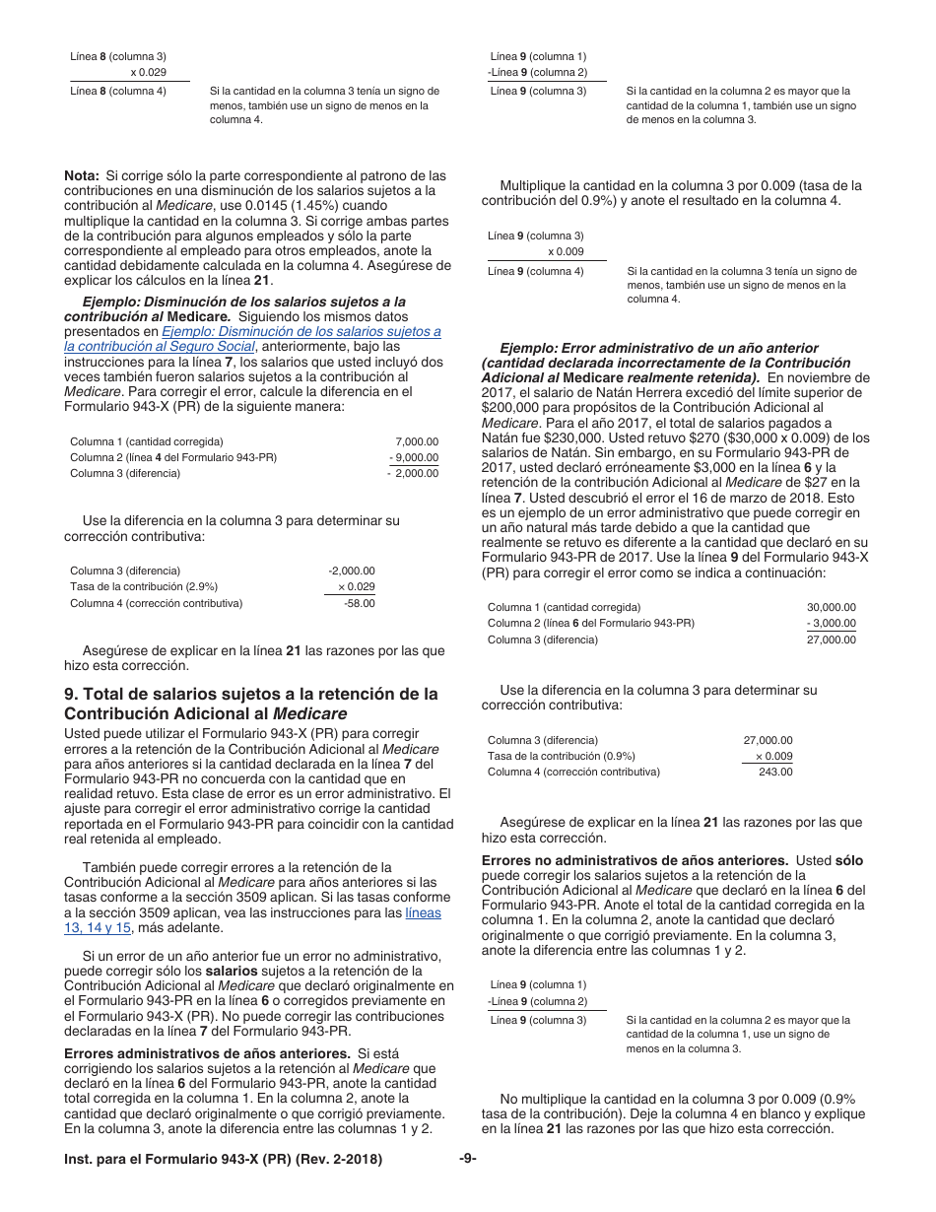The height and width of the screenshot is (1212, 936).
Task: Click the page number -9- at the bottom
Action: pyautogui.click(x=468, y=1159)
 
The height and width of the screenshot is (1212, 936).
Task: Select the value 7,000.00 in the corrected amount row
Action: pyautogui.click(x=416, y=441)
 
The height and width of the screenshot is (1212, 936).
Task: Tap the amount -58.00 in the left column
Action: pyautogui.click(x=359, y=603)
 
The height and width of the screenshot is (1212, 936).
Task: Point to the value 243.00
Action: pyautogui.click(x=775, y=772)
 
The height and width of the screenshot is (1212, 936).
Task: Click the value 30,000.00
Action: pyautogui.click(x=831, y=607)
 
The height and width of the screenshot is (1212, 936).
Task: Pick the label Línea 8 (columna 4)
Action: pyautogui.click(x=118, y=92)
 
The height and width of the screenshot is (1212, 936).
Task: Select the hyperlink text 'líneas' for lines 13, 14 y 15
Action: pyautogui.click(x=424, y=912)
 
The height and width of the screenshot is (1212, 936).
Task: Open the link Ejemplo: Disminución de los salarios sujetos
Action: pyautogui.click(x=301, y=332)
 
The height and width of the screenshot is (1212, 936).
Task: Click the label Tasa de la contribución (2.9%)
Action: pyautogui.click(x=144, y=586)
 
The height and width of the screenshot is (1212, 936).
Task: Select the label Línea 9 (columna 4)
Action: pyautogui.click(x=536, y=271)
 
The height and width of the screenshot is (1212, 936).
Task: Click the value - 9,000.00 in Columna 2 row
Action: pyautogui.click(x=414, y=457)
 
